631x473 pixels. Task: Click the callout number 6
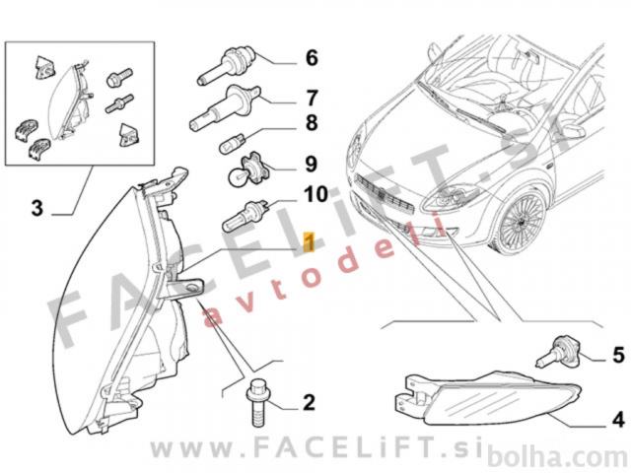[x=312, y=57]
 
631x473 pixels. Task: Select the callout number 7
[x=312, y=98]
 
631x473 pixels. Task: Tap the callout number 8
[x=312, y=122]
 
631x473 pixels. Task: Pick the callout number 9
[x=312, y=165]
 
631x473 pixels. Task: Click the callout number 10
[x=315, y=194]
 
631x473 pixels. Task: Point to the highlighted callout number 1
[x=309, y=241]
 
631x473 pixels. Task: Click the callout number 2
[x=309, y=403]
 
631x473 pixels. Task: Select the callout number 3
[x=37, y=208]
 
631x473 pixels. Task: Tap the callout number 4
[x=618, y=420]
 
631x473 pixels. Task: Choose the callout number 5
[x=618, y=355]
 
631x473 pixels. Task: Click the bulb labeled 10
[x=246, y=216]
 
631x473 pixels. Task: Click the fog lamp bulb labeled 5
[x=560, y=352]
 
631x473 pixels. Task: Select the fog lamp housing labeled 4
[x=487, y=398]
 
